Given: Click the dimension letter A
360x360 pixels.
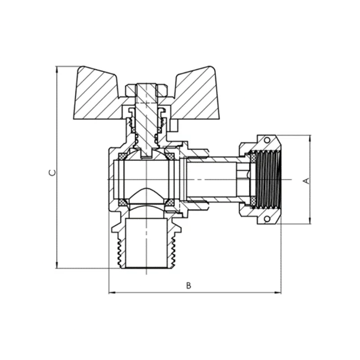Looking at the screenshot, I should [x=305, y=180].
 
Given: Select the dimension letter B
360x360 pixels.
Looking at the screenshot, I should [x=188, y=286].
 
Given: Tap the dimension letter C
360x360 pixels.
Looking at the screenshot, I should [x=52, y=173].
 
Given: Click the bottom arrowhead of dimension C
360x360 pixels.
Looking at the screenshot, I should [x=56, y=268].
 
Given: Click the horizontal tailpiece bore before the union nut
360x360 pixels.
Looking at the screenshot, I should [x=213, y=180].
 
